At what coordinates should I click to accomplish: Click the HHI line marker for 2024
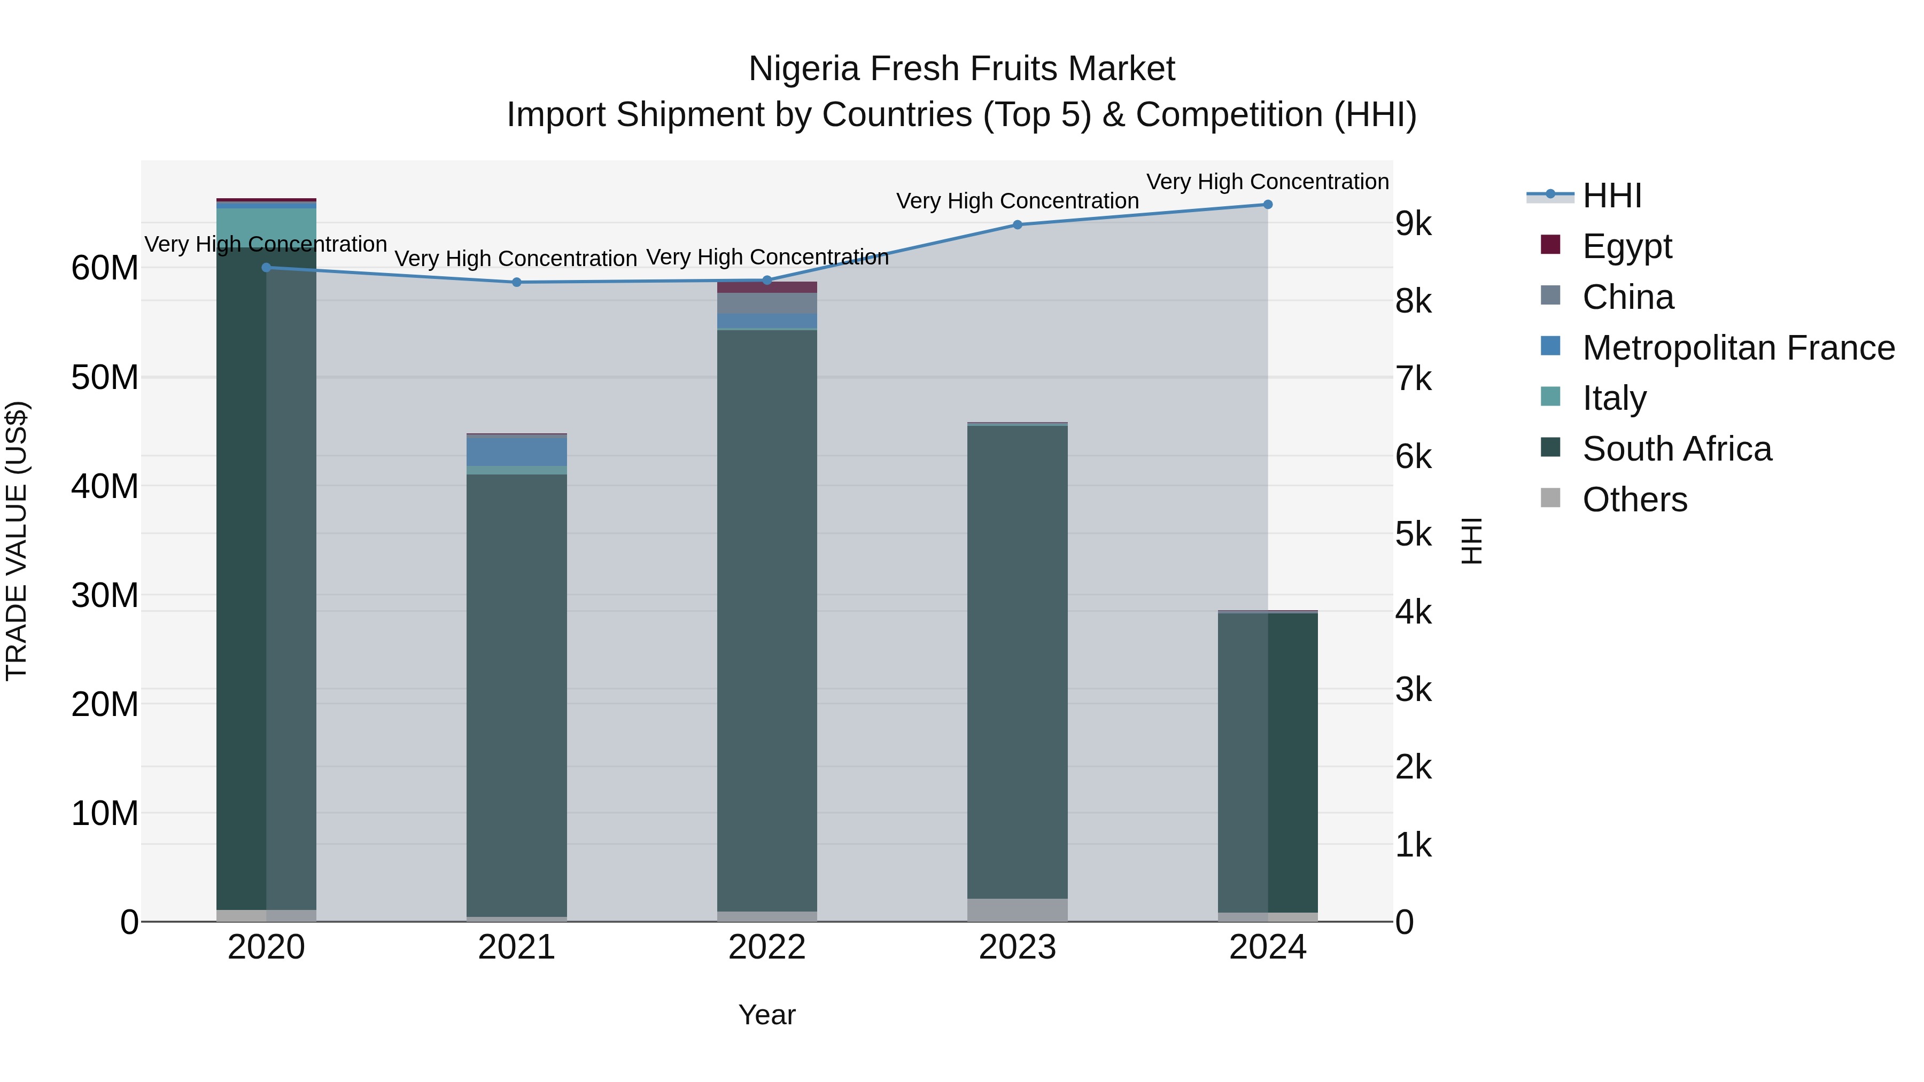1268,205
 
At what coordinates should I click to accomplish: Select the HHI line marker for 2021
516,282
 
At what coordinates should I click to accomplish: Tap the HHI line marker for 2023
1017,225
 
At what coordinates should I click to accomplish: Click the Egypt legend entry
1627,246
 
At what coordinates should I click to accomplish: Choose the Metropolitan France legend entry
1738,348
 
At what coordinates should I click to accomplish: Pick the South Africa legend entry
1676,449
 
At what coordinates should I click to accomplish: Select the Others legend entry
1634,500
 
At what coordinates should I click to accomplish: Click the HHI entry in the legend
1612,196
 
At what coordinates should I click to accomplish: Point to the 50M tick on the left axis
105,378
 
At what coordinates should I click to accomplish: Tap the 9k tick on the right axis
1413,224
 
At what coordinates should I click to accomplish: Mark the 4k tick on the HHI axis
1413,612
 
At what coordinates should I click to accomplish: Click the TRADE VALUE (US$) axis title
17,541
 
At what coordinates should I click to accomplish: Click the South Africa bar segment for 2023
1017,657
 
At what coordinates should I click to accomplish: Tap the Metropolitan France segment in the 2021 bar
516,451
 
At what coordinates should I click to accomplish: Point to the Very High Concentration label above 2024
1268,182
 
